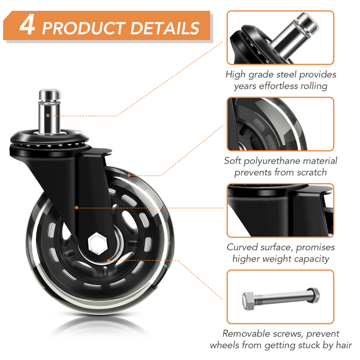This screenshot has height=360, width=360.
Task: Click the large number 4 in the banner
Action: (x=28, y=25)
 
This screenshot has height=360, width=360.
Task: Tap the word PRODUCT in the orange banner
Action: (x=83, y=28)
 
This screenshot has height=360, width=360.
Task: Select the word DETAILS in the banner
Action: (x=165, y=28)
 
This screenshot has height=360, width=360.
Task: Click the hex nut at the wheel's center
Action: (x=98, y=243)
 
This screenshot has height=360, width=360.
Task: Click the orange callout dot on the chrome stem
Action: (x=48, y=115)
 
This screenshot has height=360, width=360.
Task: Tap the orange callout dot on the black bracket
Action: (x=77, y=208)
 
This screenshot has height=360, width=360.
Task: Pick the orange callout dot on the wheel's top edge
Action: (x=129, y=176)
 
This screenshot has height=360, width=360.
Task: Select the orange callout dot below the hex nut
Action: (x=109, y=260)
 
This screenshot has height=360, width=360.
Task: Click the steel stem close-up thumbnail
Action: (x=280, y=38)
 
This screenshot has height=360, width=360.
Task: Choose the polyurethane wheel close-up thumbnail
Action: (x=280, y=124)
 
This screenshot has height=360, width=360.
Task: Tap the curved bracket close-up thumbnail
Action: (x=280, y=211)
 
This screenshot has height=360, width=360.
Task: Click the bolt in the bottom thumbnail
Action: (x=281, y=298)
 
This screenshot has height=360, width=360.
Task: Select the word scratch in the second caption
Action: (x=311, y=172)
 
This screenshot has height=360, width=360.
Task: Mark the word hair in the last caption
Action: (x=343, y=345)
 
